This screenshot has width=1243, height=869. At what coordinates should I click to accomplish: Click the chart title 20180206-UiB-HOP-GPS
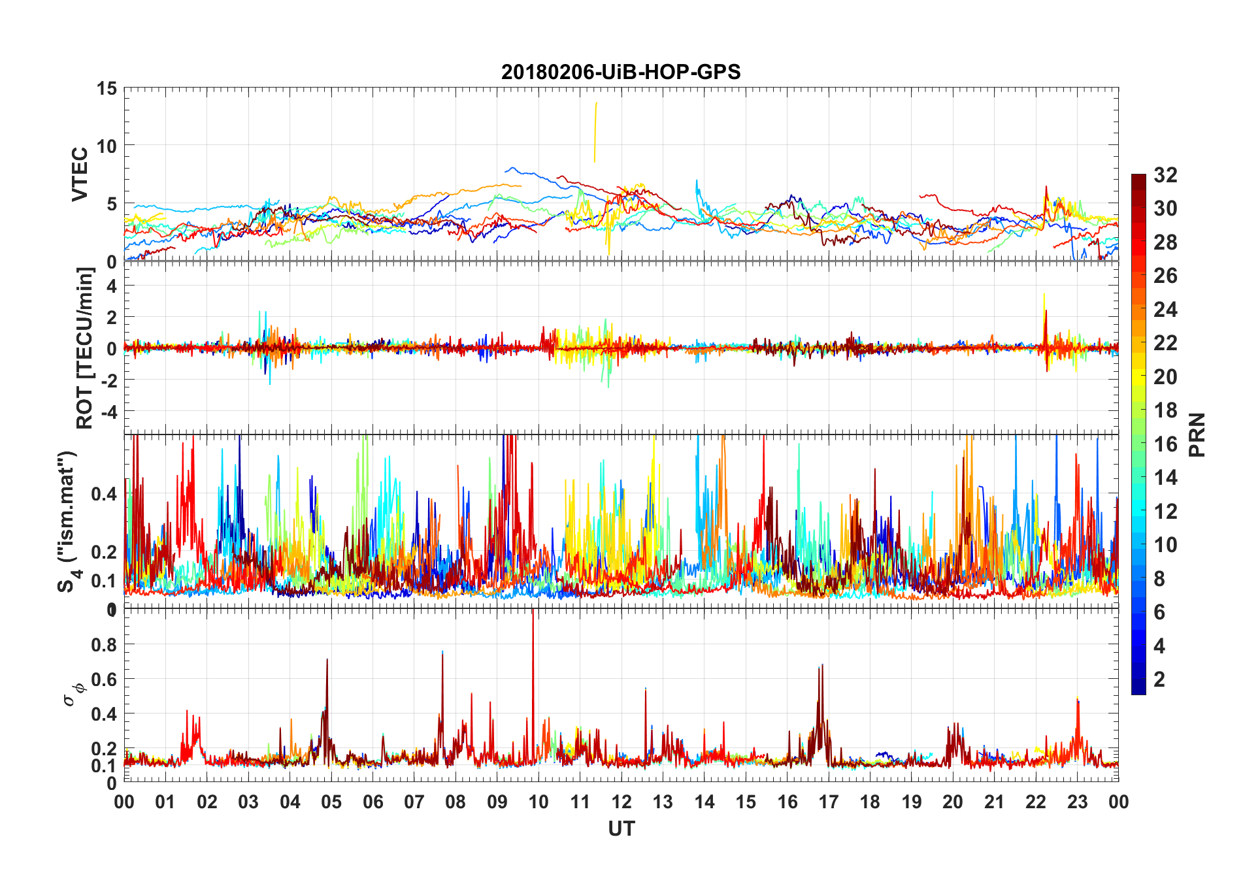point(621,72)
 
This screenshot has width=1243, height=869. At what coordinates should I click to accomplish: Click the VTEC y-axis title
point(80,174)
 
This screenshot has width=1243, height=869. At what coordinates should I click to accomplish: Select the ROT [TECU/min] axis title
point(85,348)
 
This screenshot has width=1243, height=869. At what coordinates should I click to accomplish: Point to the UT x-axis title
point(621,828)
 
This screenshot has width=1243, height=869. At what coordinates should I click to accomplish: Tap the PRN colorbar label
point(1197,434)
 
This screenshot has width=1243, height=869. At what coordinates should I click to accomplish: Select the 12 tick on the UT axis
point(621,802)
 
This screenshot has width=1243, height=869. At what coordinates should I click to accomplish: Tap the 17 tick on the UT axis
point(829,802)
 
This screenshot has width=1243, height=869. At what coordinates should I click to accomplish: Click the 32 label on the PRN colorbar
point(1165,175)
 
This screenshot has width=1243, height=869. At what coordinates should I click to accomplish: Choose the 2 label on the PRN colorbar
point(1159,680)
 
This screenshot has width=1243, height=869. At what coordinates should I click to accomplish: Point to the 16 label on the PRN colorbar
point(1165,444)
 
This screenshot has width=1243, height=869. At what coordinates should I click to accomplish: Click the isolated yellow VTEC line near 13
point(595,131)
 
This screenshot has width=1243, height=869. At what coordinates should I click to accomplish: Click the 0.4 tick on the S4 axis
point(105,494)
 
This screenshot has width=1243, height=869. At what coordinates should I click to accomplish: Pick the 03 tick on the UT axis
point(248,802)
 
